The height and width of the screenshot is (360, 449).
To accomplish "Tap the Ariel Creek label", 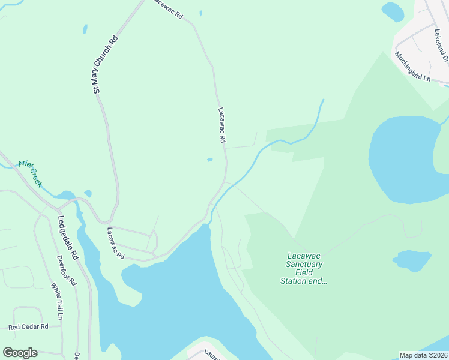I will [x=30, y=173].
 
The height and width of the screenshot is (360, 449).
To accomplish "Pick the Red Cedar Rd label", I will [x=28, y=327].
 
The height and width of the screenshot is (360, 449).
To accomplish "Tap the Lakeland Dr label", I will [x=438, y=46].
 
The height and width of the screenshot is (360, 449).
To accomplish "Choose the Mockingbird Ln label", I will [x=413, y=66].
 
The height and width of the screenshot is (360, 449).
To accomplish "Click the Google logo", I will [x=20, y=353].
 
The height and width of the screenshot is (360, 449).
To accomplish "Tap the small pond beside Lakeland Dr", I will [x=393, y=11].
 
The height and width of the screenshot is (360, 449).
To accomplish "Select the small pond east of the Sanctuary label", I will [x=413, y=260].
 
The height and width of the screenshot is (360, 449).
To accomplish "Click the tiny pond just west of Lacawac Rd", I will [x=209, y=159].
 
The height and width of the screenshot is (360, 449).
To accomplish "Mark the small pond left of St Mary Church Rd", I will [x=86, y=29].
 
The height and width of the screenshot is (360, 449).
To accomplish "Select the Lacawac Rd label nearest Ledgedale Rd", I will [x=115, y=243].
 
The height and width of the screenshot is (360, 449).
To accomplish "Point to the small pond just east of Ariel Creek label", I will [x=88, y=193].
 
